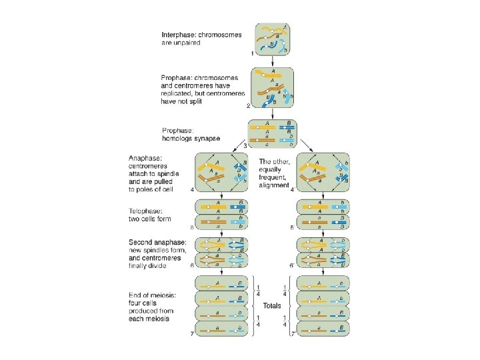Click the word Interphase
pyautogui.click(x=177, y=34)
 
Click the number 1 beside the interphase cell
pyautogui.click(x=252, y=52)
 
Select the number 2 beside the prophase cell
pyautogui.click(x=247, y=105)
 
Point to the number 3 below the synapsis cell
pyautogui.click(x=245, y=145)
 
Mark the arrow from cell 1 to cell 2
pyautogui.click(x=271, y=59)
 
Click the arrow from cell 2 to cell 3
pyautogui.click(x=272, y=113)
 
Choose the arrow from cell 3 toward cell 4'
pyautogui.click(x=305, y=146)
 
